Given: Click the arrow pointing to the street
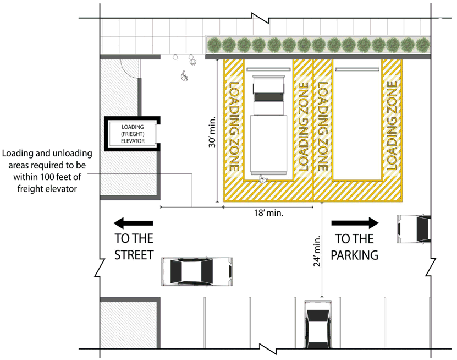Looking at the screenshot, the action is tap(133, 223).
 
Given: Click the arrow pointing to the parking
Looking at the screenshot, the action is tap(355, 223).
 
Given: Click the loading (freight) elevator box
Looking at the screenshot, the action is tap(133, 133).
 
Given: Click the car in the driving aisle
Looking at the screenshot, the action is tap(196, 271).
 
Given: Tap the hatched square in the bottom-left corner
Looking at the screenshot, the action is tap(129, 323).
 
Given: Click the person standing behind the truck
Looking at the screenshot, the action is tap(262, 178).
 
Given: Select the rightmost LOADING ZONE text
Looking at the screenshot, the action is tap(392, 125).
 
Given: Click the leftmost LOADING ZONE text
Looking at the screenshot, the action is tap(233, 125).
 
